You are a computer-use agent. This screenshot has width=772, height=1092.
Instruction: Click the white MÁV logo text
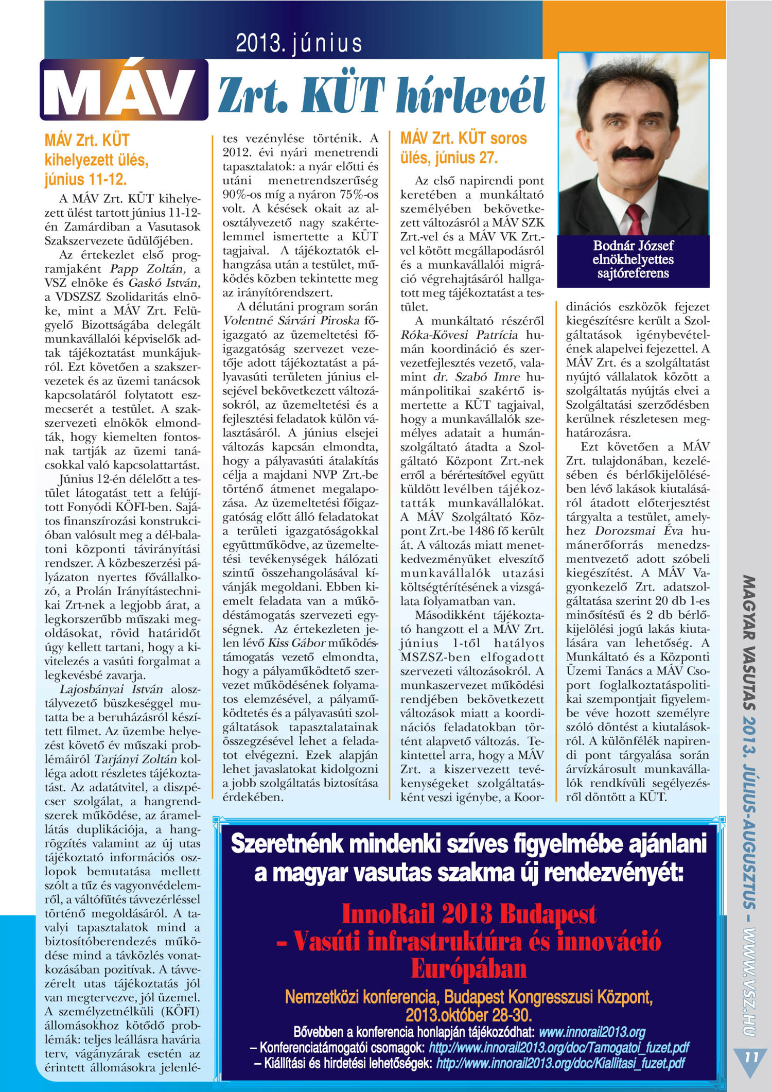coord(124,91)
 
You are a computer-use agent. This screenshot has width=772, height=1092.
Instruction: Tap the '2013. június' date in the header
coord(299,44)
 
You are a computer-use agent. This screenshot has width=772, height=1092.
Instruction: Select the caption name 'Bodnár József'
coord(633,246)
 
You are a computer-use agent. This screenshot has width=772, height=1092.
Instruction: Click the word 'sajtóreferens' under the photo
coord(633,273)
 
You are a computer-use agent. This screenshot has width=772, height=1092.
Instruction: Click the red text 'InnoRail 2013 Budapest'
coord(468,913)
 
